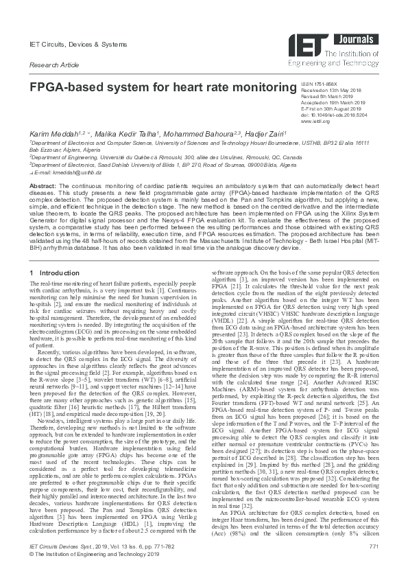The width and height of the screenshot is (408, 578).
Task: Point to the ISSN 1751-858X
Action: (x=319, y=102)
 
